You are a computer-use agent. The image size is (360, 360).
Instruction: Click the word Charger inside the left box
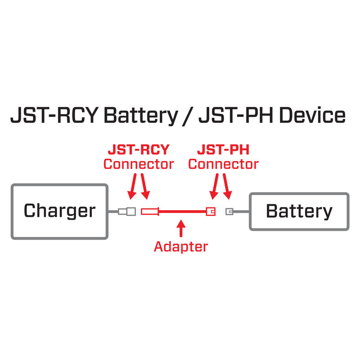[x=59, y=211]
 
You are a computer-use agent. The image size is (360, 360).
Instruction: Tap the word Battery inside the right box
[x=299, y=211]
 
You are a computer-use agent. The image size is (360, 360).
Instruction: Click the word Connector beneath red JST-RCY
[x=138, y=164]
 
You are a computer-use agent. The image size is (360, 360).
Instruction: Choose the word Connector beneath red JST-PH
[x=224, y=164]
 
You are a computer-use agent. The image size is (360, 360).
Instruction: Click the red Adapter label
[x=181, y=246]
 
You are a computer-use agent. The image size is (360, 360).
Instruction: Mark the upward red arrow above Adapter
[x=181, y=229]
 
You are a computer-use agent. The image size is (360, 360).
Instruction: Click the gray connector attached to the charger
[x=127, y=211]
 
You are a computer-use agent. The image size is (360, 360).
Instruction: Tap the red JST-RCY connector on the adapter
[x=150, y=211]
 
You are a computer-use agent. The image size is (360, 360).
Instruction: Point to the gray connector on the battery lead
[x=229, y=211]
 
